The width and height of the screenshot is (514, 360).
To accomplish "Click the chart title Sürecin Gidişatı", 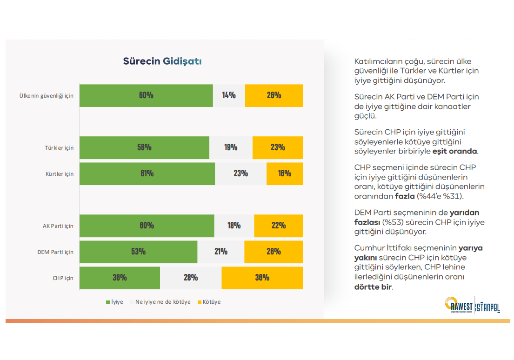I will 162,61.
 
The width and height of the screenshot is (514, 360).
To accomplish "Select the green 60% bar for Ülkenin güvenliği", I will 146,95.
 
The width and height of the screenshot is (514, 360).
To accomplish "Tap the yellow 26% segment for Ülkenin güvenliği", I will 274,95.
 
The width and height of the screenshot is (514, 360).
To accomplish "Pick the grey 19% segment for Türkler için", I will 231,147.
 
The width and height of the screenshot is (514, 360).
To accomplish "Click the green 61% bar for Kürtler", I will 147,173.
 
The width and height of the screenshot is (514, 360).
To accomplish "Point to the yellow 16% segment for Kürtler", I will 285,173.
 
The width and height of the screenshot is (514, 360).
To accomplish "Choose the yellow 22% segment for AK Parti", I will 278,226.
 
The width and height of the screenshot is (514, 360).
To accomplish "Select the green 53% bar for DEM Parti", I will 138,252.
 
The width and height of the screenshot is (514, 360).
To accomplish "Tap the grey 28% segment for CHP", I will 191,278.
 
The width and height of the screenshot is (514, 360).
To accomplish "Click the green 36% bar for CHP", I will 120,278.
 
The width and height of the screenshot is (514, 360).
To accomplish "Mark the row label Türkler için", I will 59,148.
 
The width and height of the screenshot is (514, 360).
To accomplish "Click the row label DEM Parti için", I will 55,252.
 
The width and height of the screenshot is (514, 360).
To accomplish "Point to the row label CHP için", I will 63,278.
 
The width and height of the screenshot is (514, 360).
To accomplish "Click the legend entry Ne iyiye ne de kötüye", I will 163,302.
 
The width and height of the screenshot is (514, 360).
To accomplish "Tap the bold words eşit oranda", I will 455,151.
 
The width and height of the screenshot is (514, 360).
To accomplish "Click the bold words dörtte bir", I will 373,287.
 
